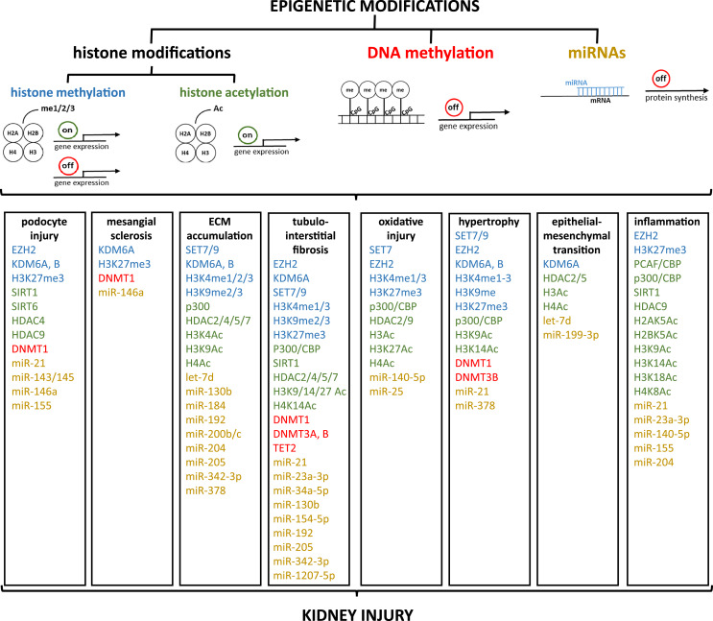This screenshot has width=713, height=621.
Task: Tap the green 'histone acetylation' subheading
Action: (219, 93)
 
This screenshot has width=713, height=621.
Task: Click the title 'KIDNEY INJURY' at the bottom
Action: (356, 609)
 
